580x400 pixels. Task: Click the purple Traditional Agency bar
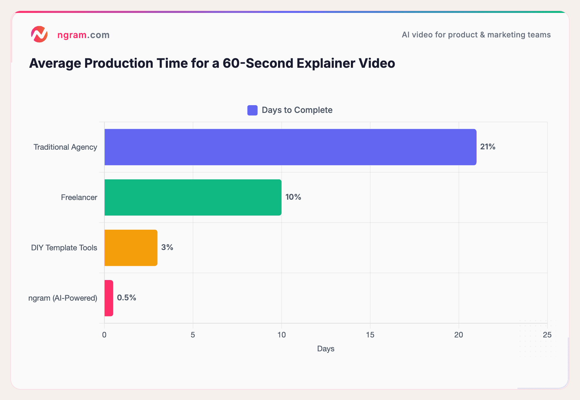(290, 147)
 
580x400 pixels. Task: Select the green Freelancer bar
(193, 197)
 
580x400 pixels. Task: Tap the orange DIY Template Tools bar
(131, 248)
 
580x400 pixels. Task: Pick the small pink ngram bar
(109, 298)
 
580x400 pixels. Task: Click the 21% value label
(488, 147)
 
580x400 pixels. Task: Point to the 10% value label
(293, 197)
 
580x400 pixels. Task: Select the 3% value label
(167, 247)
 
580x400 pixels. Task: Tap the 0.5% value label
(126, 298)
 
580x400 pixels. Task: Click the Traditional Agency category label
(65, 147)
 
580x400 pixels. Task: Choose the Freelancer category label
(79, 197)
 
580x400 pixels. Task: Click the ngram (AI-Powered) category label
(63, 298)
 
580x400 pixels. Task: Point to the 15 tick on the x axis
(370, 335)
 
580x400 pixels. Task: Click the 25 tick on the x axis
(547, 335)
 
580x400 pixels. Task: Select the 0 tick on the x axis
(104, 335)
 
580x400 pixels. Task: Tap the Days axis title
(325, 349)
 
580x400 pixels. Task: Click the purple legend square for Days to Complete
(252, 110)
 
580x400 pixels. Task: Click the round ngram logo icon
(39, 34)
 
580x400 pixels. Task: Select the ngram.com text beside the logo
(83, 35)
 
